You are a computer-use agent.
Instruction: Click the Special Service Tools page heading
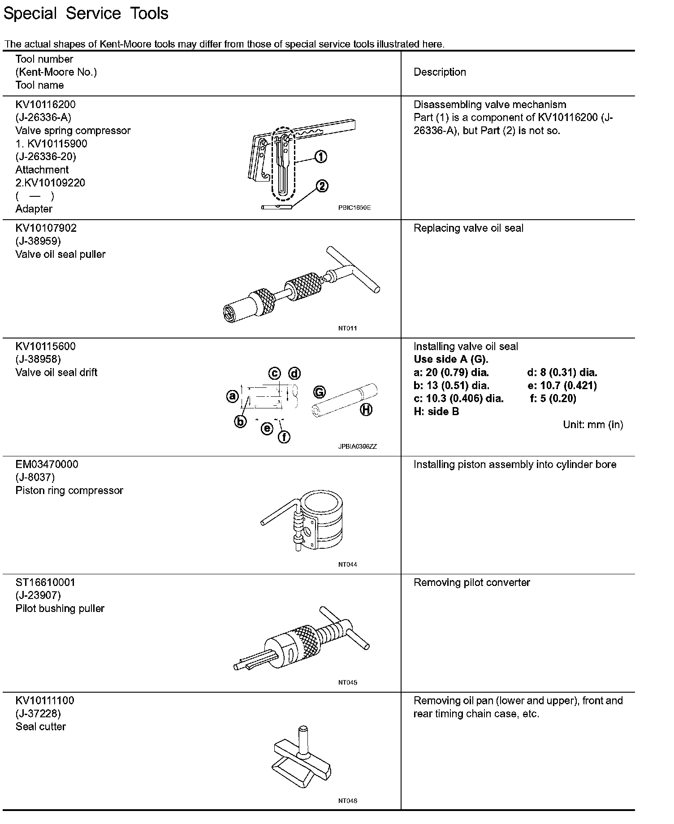coord(86,13)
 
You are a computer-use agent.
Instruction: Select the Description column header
coord(439,72)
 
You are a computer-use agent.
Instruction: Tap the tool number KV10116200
coord(45,104)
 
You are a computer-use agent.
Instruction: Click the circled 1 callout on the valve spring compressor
coord(320,157)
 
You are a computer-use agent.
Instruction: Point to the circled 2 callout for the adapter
coord(322,186)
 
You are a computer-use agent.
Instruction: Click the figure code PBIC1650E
coord(354,208)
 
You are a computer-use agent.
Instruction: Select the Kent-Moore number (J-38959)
coord(38,241)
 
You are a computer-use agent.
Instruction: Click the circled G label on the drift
coord(319,392)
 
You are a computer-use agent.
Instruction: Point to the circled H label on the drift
coord(366,409)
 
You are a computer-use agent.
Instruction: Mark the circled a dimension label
coord(232,396)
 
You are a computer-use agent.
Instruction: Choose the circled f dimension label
coord(284,437)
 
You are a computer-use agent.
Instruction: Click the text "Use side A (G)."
coord(450,360)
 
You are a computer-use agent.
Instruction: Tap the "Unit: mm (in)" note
coord(592,425)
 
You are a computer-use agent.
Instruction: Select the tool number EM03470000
coord(47,464)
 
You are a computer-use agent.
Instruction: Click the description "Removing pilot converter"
coord(471,582)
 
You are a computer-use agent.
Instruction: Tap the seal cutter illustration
coord(302,759)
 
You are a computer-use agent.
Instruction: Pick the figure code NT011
coord(347,328)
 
